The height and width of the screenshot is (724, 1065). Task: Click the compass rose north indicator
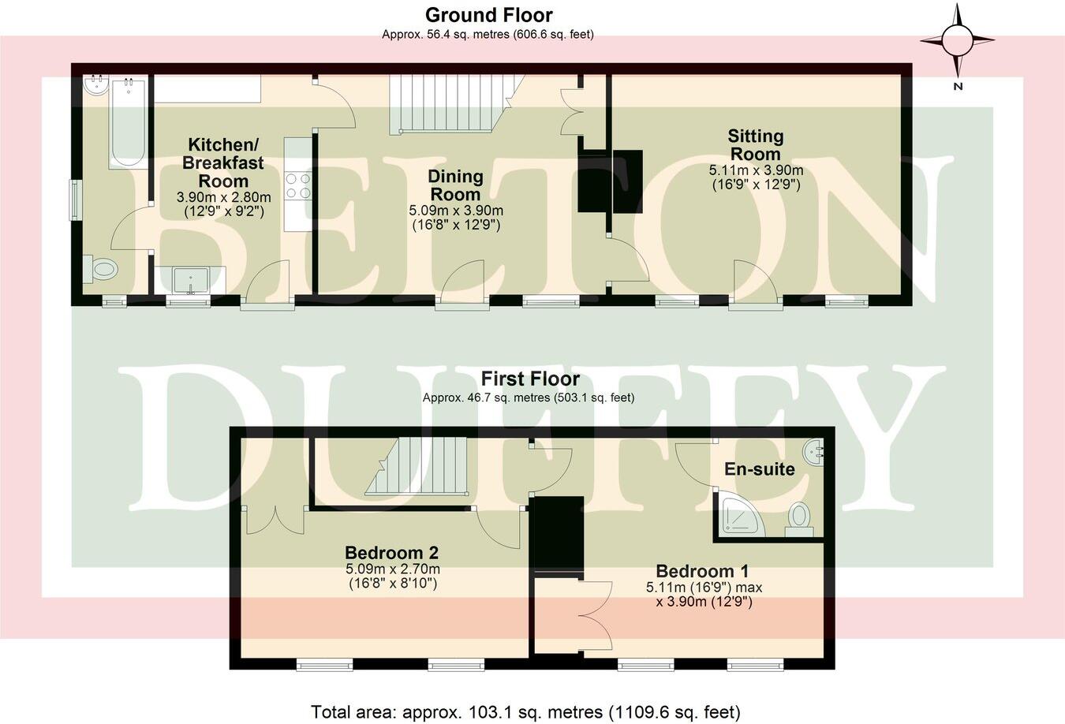click(958, 40)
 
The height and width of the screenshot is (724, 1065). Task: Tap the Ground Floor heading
click(488, 15)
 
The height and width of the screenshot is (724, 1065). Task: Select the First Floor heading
click(530, 379)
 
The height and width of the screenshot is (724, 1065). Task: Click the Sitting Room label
click(755, 145)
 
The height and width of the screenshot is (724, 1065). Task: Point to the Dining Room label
click(455, 185)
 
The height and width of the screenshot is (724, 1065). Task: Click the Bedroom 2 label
click(392, 553)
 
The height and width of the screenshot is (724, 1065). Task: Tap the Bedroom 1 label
click(702, 571)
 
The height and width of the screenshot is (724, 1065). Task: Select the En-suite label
click(759, 469)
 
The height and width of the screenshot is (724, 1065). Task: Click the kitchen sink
click(190, 280)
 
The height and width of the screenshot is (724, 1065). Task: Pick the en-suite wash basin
click(813, 453)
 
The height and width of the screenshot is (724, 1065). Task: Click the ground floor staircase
click(452, 103)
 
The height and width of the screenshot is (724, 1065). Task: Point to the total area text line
click(525, 711)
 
